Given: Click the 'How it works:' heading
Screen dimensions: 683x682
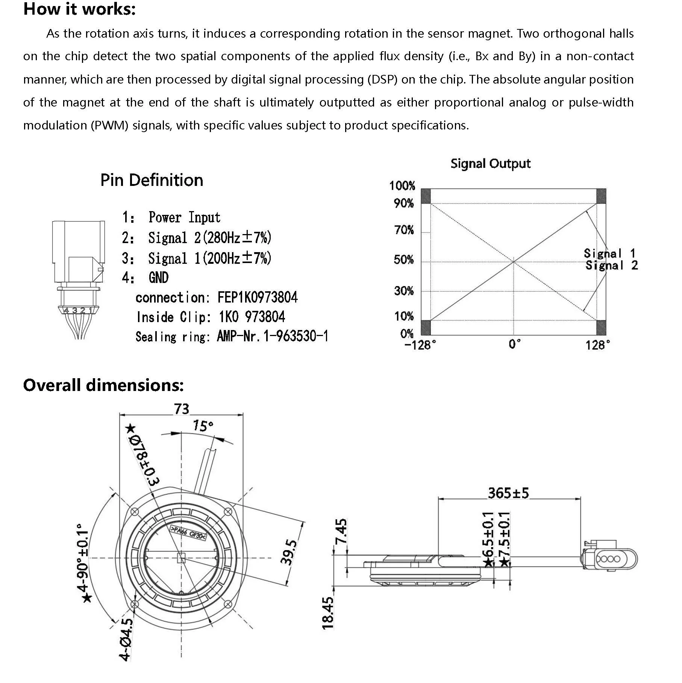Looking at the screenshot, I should [79, 9].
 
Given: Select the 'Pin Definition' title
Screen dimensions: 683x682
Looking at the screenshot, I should [152, 180].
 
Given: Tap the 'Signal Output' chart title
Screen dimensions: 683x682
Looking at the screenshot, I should [490, 164].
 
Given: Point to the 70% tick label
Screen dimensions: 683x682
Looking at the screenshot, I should [404, 230].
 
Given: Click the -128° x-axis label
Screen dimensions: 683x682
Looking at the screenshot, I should [420, 345].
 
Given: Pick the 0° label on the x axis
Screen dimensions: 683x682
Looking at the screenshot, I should [514, 344].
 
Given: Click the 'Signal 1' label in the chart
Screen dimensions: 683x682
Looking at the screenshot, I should [609, 253].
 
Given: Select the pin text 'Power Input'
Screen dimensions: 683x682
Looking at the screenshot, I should [184, 218].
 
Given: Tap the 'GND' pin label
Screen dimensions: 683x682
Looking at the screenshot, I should [159, 278].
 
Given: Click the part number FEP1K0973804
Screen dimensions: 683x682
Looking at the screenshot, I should [258, 298].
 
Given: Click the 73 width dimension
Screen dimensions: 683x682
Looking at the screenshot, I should [182, 409].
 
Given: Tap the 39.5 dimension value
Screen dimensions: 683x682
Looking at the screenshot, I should [289, 552].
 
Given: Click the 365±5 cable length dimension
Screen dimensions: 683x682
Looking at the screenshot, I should [508, 493].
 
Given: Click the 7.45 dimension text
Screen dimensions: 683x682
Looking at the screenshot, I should [341, 531].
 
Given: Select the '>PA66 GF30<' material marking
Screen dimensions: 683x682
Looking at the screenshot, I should [188, 533].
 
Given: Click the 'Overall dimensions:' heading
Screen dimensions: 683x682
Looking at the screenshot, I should [103, 385].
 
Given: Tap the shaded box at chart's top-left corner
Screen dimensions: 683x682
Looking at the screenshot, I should [426, 196].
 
